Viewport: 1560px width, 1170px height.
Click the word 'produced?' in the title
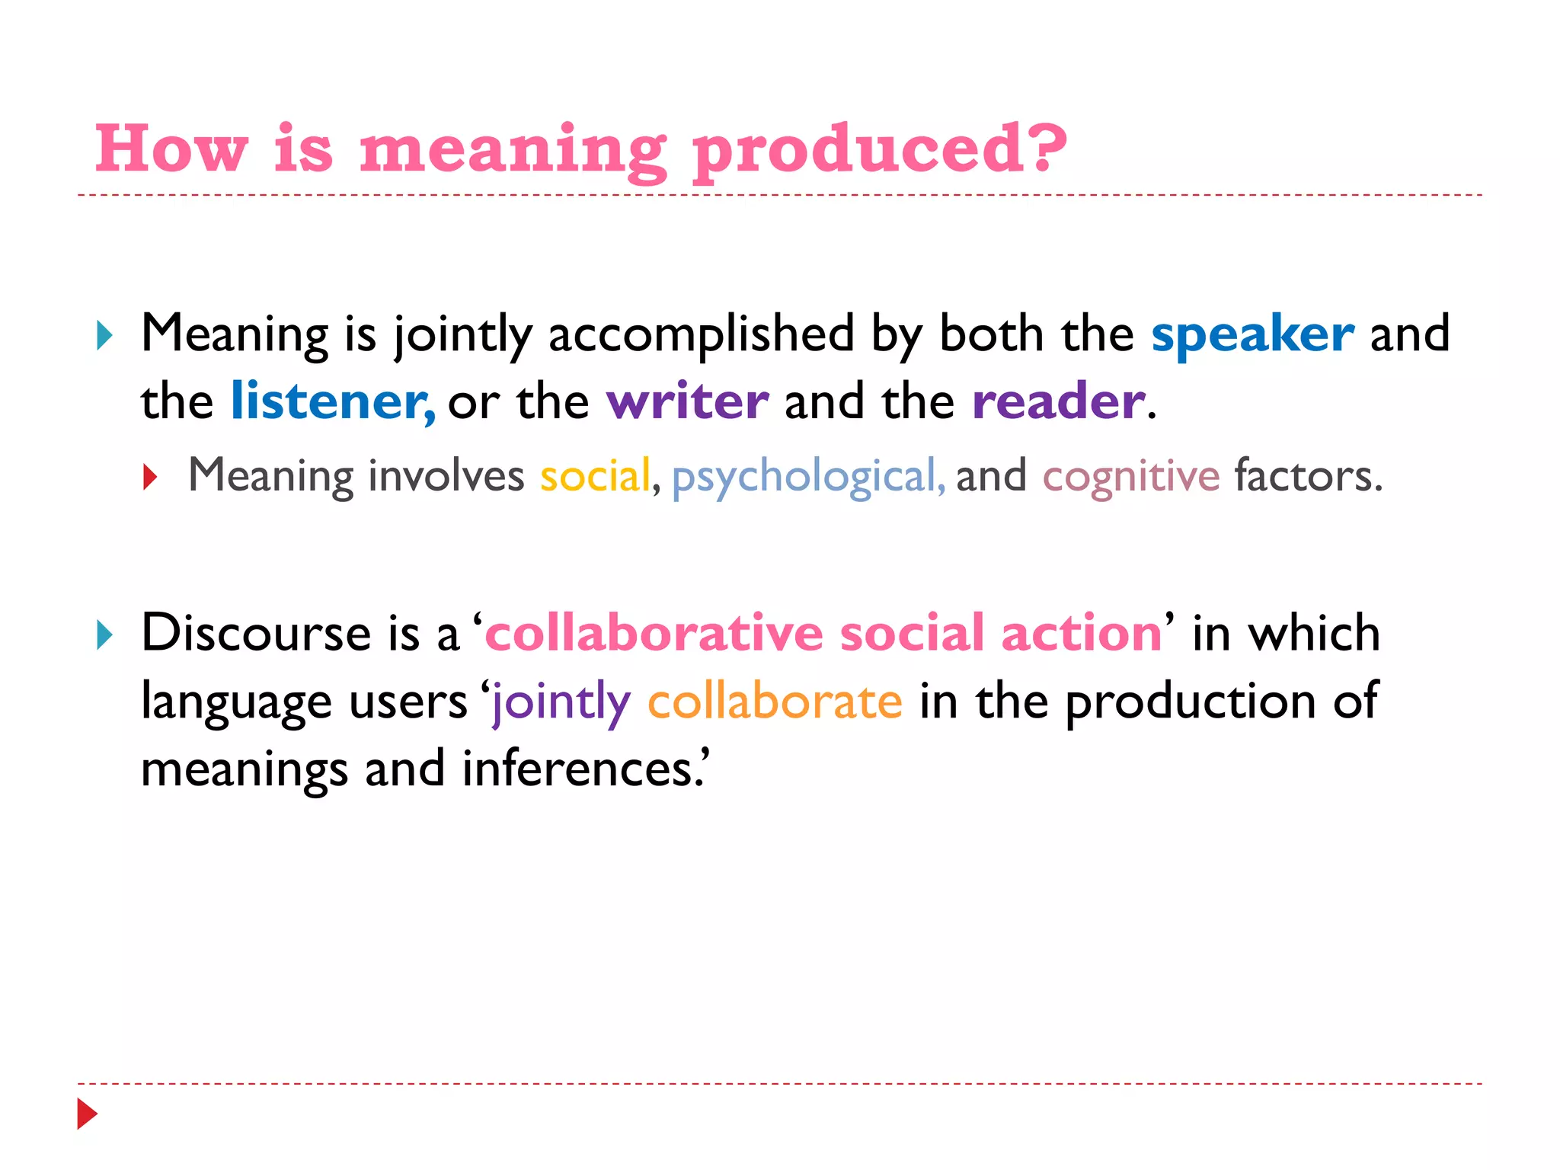[880, 150]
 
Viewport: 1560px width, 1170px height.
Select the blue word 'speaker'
[1252, 334]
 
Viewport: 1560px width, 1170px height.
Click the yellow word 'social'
[595, 476]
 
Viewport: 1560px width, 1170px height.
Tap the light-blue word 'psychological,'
[808, 478]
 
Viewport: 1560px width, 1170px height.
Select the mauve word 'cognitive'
[1130, 478]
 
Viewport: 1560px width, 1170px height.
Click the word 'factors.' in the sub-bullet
[1308, 476]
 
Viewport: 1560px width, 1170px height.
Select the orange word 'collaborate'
[775, 701]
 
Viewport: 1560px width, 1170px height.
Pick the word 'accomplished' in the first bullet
[701, 334]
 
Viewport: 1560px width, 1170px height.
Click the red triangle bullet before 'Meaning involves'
[150, 478]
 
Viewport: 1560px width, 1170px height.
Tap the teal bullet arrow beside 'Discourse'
[105, 635]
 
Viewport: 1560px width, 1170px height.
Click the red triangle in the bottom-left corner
[88, 1114]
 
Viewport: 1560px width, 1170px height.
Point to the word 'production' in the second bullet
[1190, 702]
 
